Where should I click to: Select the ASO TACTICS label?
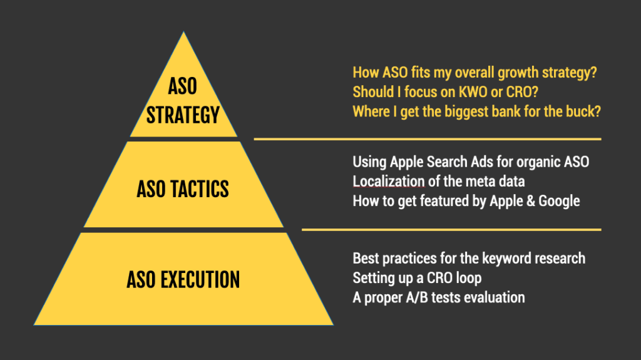[x=183, y=188]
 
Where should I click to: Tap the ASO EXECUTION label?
[x=183, y=279]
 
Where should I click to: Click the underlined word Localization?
[x=389, y=182]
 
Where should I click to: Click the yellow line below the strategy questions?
[x=427, y=139]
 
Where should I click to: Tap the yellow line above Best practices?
[x=451, y=230]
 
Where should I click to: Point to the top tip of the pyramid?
[x=183, y=33]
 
